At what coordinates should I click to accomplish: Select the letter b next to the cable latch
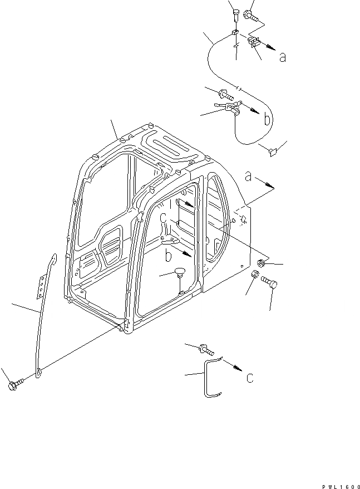268,120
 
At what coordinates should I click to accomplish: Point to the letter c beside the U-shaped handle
250,378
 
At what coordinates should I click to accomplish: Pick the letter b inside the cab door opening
167,257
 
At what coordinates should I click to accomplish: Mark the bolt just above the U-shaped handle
204,349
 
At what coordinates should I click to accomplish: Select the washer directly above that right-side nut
261,262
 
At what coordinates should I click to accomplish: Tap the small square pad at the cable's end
272,151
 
